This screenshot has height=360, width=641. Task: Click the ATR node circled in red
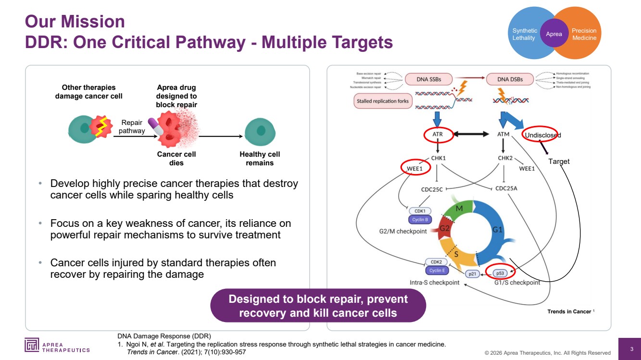point(438,135)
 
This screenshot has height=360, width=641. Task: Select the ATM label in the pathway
point(503,135)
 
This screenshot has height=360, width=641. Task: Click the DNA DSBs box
point(510,79)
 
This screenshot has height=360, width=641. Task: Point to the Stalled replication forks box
point(383,101)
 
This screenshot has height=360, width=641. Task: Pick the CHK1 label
point(438,157)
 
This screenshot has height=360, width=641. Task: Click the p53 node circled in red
point(500,273)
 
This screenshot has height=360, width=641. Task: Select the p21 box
point(472,273)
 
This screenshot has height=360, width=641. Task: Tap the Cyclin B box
point(420,220)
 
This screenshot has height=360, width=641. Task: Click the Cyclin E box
point(437,271)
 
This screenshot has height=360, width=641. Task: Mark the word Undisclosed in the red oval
point(542,135)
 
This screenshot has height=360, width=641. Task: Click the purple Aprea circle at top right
point(554,34)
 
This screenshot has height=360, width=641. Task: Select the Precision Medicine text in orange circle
point(584,34)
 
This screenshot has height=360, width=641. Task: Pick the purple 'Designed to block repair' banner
point(318,306)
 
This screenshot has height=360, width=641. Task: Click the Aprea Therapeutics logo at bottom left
point(57,345)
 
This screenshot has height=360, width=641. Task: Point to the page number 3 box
point(631,349)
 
